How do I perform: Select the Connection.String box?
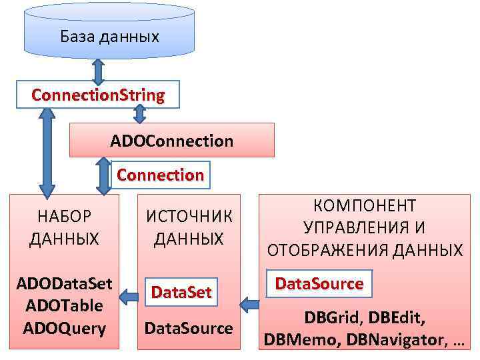tap(98, 95)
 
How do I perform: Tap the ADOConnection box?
tap(172, 141)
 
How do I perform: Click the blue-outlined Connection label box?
tap(161, 175)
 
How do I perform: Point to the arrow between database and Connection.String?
tap(98, 70)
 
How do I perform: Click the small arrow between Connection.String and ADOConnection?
tap(139, 115)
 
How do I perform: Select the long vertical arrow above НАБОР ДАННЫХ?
tap(47, 150)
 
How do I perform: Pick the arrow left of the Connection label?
tap(103, 175)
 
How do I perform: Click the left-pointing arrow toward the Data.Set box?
tap(249, 305)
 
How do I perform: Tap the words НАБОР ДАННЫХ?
tap(64, 227)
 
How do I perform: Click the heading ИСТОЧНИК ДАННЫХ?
tap(189, 227)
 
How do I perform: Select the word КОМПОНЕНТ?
tap(365, 206)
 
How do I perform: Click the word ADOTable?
tap(64, 306)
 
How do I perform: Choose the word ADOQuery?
tap(64, 328)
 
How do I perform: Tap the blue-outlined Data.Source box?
tap(319, 284)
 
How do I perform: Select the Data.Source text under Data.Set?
tap(189, 328)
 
